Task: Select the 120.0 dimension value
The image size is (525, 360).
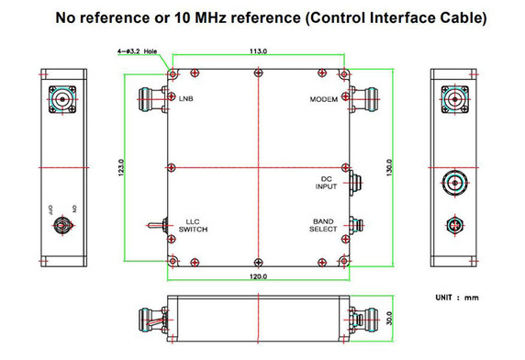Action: pyautogui.click(x=257, y=276)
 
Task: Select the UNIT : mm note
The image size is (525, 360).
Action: pyautogui.click(x=457, y=298)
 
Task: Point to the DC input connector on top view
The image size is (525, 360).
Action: pyautogui.click(x=355, y=181)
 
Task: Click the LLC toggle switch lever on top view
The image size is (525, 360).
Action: pyautogui.click(x=152, y=226)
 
